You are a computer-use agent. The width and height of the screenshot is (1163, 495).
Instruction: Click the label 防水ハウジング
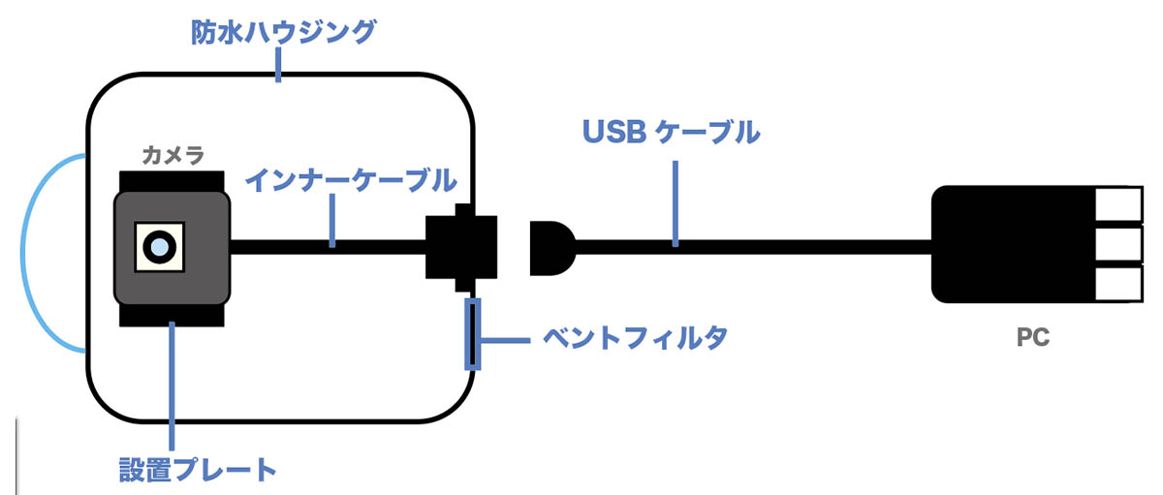tap(281, 33)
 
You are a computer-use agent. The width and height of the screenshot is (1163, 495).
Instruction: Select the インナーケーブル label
tap(351, 180)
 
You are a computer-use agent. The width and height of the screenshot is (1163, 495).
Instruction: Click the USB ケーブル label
tap(671, 132)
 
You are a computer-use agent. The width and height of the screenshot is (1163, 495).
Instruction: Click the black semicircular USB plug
tap(550, 246)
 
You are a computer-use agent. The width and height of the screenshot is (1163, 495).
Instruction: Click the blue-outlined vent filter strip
tap(472, 334)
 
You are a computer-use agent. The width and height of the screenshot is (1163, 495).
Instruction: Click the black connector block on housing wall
tap(461, 247)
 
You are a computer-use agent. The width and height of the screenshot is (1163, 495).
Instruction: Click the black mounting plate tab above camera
tap(172, 181)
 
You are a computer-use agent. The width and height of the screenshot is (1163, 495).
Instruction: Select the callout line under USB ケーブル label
tap(676, 198)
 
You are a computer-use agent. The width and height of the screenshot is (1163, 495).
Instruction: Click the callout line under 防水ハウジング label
tap(279, 66)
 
